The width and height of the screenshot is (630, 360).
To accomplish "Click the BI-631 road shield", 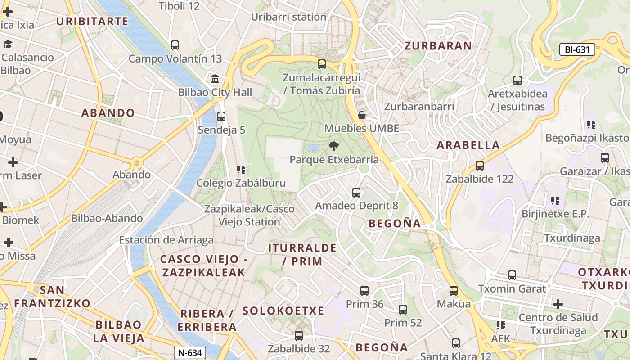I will [577, 49].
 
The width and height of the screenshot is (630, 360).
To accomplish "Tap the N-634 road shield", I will [190, 353].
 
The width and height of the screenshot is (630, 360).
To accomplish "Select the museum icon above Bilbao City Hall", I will [215, 79].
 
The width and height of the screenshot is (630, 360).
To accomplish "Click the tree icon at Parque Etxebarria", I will [333, 146].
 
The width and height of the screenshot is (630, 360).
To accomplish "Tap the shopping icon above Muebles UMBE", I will [361, 115].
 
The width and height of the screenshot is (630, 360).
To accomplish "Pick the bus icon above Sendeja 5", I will [221, 117].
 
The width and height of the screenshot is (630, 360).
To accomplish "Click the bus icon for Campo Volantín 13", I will [175, 45].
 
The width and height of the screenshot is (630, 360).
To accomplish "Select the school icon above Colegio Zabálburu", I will [241, 170].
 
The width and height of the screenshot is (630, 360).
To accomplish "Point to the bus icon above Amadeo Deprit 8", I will [356, 193].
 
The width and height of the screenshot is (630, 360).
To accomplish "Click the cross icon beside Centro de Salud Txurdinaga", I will [558, 304].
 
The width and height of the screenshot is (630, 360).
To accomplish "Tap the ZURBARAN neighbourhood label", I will [438, 46].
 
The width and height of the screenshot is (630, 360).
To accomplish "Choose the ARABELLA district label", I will [468, 145].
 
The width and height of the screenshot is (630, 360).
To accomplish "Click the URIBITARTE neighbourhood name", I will [92, 21].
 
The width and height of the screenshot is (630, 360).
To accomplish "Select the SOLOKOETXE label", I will [283, 310].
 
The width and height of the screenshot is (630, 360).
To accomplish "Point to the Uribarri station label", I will [288, 17].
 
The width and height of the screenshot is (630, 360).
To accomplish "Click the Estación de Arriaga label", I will [166, 240].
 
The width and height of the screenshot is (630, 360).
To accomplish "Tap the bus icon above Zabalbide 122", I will [480, 166].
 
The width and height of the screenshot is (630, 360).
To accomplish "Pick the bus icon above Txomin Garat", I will [512, 275].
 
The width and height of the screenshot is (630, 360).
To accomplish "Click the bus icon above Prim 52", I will [403, 310].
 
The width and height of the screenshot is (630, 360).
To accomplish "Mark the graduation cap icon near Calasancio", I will [8, 44].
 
